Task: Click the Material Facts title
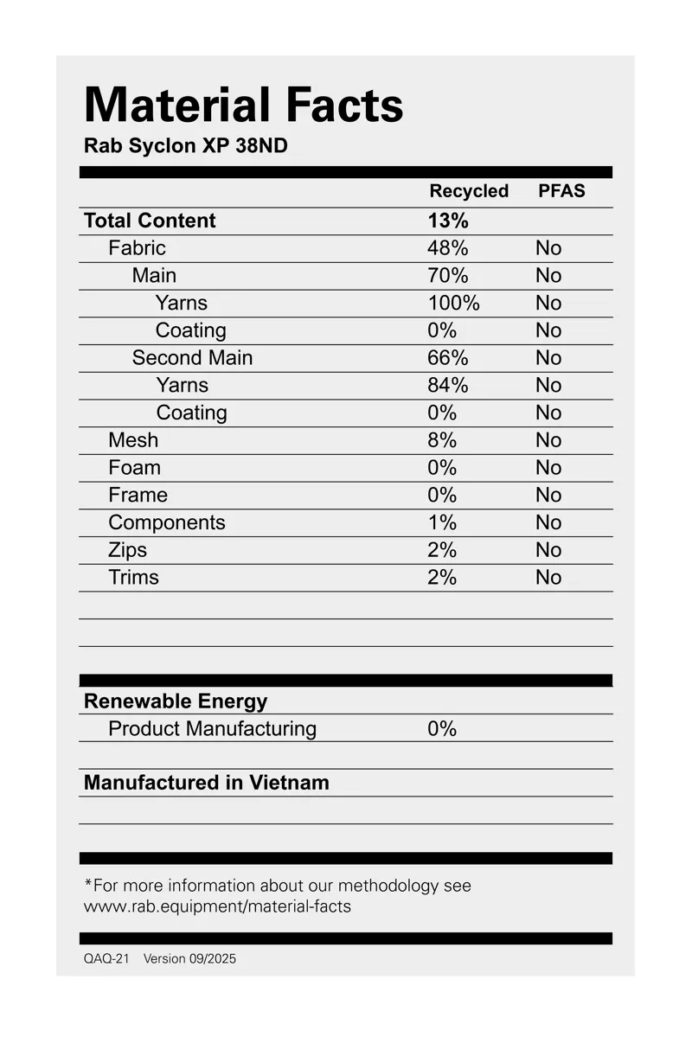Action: pyautogui.click(x=243, y=106)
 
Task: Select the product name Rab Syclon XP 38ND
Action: pyautogui.click(x=185, y=146)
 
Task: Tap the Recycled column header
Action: pyautogui.click(x=469, y=191)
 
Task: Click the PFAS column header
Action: pyautogui.click(x=561, y=191)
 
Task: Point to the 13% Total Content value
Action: pyautogui.click(x=447, y=221)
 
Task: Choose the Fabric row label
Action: pyautogui.click(x=137, y=248)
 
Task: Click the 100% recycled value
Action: pyautogui.click(x=452, y=303)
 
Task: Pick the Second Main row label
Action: pyautogui.click(x=192, y=358)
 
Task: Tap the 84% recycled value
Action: pyautogui.click(x=447, y=385)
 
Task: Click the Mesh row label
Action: pyautogui.click(x=133, y=440)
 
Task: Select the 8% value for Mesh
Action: pyautogui.click(x=441, y=440)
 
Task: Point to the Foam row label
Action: pyautogui.click(x=134, y=468)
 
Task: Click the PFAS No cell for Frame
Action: pyautogui.click(x=548, y=496)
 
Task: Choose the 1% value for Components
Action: pyautogui.click(x=441, y=522)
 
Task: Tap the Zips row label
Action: pyautogui.click(x=127, y=550)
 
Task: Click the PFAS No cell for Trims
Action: pyautogui.click(x=548, y=578)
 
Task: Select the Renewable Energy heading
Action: pyautogui.click(x=176, y=701)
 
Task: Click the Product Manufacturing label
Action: pyautogui.click(x=212, y=728)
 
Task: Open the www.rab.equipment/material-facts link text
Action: pyautogui.click(x=217, y=906)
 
